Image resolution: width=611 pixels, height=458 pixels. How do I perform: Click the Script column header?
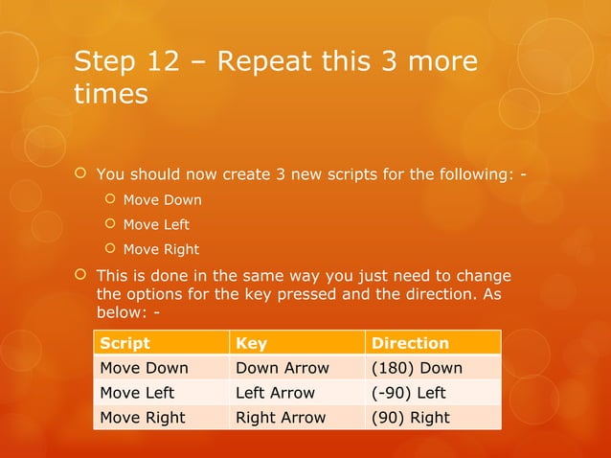tap(124, 343)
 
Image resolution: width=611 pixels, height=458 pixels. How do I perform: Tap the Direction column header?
tap(410, 343)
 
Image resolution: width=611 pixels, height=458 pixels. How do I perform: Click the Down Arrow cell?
tap(283, 368)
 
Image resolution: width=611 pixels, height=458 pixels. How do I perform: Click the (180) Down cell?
tap(417, 368)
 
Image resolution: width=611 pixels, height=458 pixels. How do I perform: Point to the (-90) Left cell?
tap(409, 393)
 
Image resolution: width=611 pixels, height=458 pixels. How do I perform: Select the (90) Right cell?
tap(411, 418)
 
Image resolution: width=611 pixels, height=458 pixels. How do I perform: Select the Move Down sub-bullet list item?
tap(163, 200)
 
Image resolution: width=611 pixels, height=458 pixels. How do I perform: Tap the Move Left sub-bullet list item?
tap(157, 224)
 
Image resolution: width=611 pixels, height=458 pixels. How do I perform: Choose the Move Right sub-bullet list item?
tap(162, 249)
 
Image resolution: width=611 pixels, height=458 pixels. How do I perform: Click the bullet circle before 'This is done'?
tap(81, 275)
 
